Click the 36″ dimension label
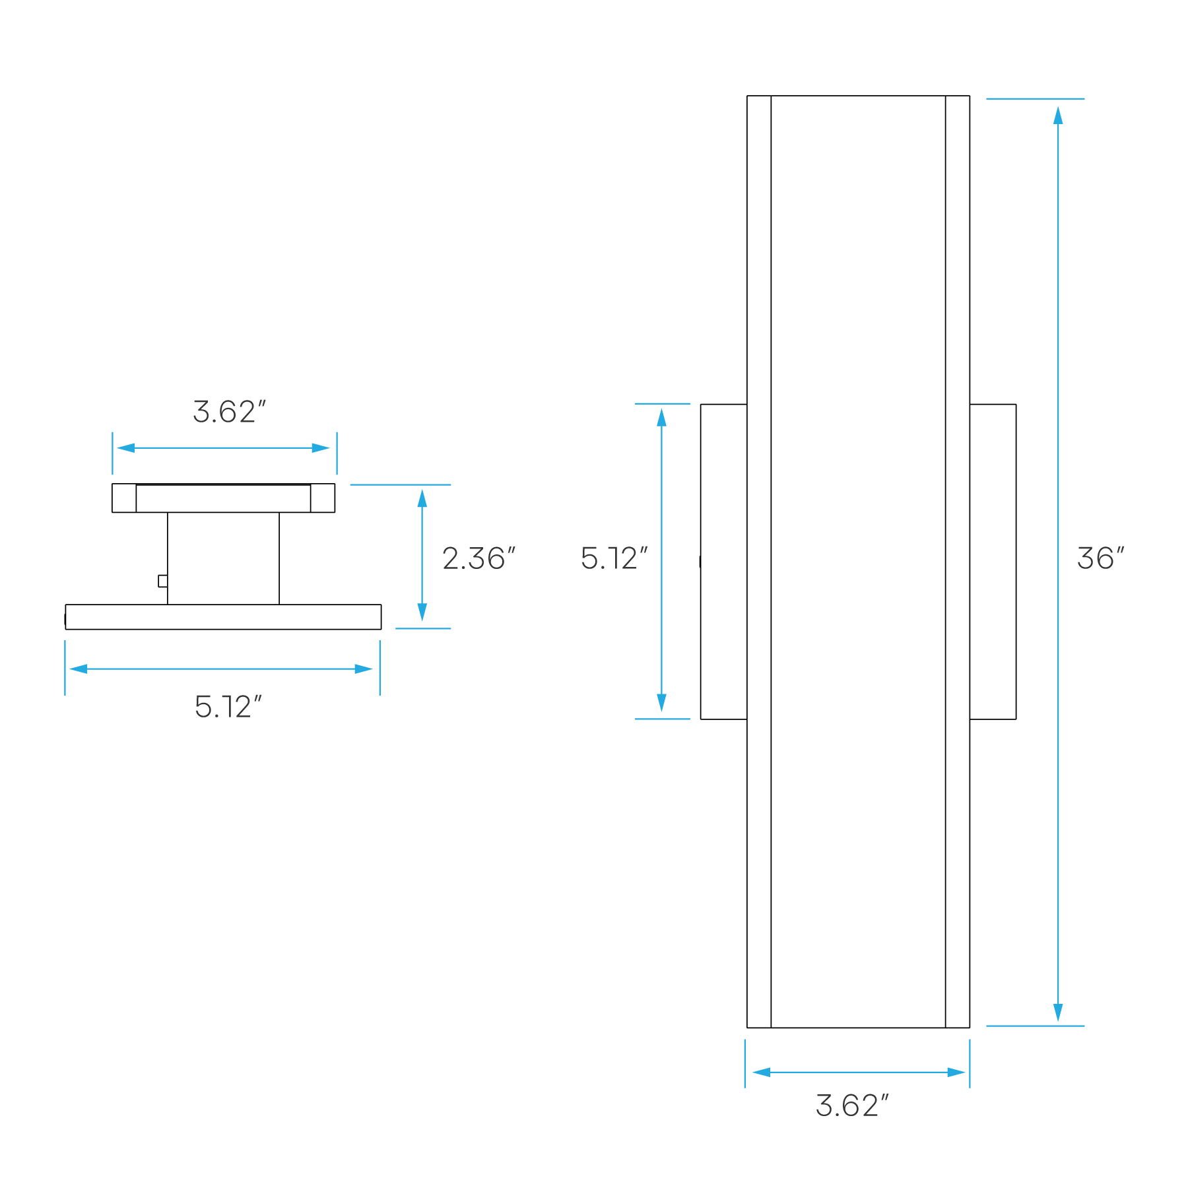pos(1100,558)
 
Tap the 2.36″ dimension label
pos(478,558)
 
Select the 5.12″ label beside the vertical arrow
pos(613,558)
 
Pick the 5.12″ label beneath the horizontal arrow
pos(228,707)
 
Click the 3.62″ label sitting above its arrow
pos(228,412)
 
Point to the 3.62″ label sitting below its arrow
pos(851,1105)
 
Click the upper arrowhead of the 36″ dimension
pos(1058,115)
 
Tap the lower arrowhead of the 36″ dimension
pos(1058,1012)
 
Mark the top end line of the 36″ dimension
pos(1035,98)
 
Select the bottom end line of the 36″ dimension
pos(1035,1026)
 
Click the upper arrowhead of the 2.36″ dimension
pos(422,499)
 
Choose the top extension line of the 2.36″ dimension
pos(400,484)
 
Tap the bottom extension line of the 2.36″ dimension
pos(423,628)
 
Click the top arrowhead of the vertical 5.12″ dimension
pos(661,417)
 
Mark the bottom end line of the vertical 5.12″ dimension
pos(662,719)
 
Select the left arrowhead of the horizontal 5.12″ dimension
pos(78,669)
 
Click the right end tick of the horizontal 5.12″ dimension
pos(379,667)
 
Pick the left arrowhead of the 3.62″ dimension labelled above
pos(125,447)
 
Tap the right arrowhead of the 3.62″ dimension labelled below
pos(956,1072)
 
